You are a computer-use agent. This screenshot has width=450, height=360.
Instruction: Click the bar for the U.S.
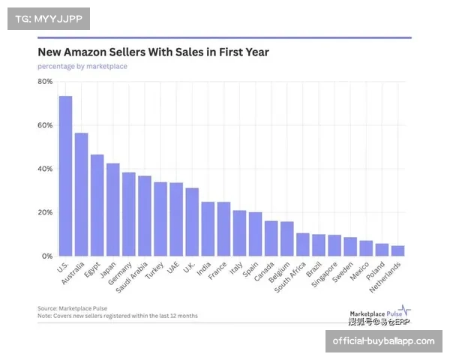pyautogui.click(x=65, y=176)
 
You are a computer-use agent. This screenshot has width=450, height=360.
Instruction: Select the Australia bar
pyautogui.click(x=81, y=194)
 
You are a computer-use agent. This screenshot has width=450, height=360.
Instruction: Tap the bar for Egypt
pyautogui.click(x=97, y=205)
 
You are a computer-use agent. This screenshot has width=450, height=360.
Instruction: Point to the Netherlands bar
pyautogui.click(x=397, y=251)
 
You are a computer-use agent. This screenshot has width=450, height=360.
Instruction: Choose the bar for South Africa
pyautogui.click(x=302, y=244)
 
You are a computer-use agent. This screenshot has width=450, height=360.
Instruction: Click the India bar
pyautogui.click(x=208, y=229)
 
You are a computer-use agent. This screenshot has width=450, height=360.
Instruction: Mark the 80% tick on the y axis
pyautogui.click(x=45, y=81)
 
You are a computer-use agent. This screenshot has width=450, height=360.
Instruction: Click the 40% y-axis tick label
pyautogui.click(x=45, y=169)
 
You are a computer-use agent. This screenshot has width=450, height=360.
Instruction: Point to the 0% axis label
pyautogui.click(x=47, y=256)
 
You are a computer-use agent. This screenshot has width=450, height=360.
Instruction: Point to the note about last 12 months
pyautogui.click(x=118, y=316)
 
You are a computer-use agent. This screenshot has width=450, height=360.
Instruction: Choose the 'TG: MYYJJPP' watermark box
pyautogui.click(x=48, y=18)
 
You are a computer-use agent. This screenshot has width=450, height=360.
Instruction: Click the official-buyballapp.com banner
pyautogui.click(x=383, y=341)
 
